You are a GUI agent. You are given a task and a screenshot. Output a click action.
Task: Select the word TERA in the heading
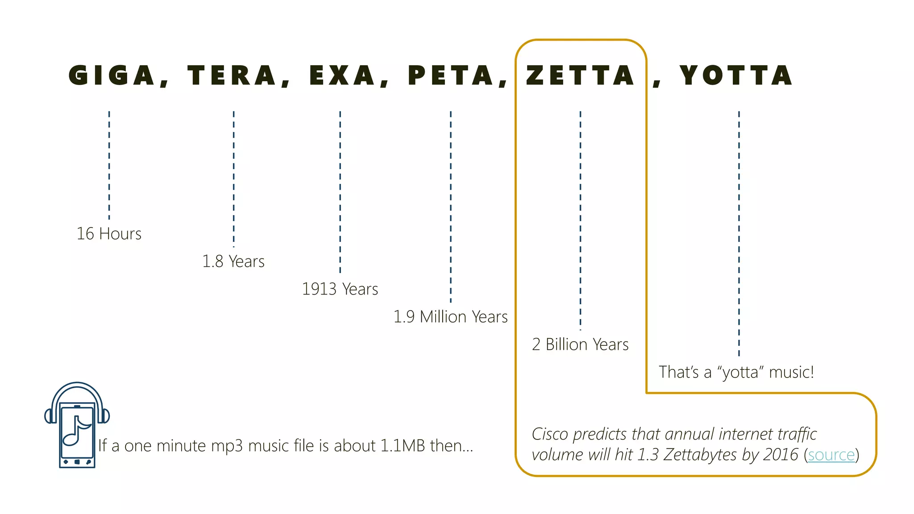click(x=232, y=75)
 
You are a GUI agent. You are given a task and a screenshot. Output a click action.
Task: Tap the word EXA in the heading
click(x=342, y=75)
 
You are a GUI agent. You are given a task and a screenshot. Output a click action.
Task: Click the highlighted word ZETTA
click(x=580, y=75)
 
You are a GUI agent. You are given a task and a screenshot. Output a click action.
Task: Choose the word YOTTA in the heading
click(x=736, y=75)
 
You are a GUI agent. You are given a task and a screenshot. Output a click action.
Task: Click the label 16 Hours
click(x=109, y=234)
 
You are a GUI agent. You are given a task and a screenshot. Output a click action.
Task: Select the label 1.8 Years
click(x=233, y=261)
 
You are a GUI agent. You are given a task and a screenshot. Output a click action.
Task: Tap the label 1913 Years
click(x=340, y=289)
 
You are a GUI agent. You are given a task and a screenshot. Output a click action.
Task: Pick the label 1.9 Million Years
click(x=450, y=317)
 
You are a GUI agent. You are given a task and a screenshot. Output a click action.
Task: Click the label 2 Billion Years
click(x=580, y=344)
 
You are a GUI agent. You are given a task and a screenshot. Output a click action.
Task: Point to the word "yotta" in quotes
click(x=741, y=372)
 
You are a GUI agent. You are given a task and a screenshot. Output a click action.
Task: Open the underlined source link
click(x=831, y=455)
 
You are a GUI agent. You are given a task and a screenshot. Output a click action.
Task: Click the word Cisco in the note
click(x=550, y=434)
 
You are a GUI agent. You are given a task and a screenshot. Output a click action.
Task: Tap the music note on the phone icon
click(x=77, y=431)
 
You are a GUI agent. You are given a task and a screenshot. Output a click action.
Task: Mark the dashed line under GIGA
click(x=109, y=165)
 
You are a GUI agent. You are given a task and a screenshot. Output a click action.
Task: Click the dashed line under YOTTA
click(x=739, y=232)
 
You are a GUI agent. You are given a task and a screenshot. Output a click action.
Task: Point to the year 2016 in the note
click(x=781, y=455)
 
